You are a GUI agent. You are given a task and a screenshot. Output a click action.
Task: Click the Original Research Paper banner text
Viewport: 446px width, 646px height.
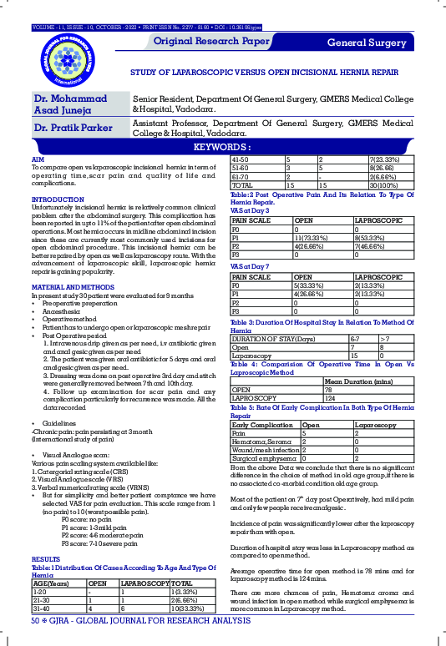[x=211, y=41]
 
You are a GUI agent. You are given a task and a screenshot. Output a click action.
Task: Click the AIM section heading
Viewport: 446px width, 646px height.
[x=37, y=158]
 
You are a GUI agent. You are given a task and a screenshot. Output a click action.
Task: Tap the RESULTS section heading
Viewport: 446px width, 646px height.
[x=45, y=558]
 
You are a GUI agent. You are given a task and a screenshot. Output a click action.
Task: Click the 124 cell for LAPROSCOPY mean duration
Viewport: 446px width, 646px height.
[x=330, y=398]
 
